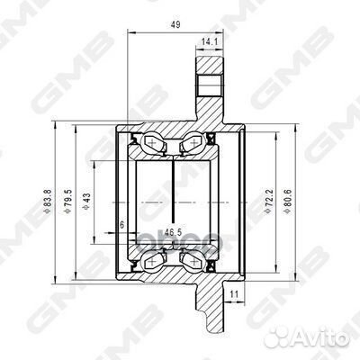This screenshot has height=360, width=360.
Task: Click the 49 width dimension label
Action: (175, 24)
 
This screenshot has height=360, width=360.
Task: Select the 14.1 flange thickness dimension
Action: (209, 42)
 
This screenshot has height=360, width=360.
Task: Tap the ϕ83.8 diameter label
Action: (48, 201)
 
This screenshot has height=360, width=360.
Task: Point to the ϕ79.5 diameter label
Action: (68, 201)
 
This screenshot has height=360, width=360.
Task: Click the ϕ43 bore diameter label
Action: (86, 201)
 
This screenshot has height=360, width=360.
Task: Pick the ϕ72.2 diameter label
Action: (269, 201)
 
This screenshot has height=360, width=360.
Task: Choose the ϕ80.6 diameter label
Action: (287, 201)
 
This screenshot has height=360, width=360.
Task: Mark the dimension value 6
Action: (121, 225)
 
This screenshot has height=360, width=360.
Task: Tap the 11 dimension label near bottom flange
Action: (235, 294)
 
